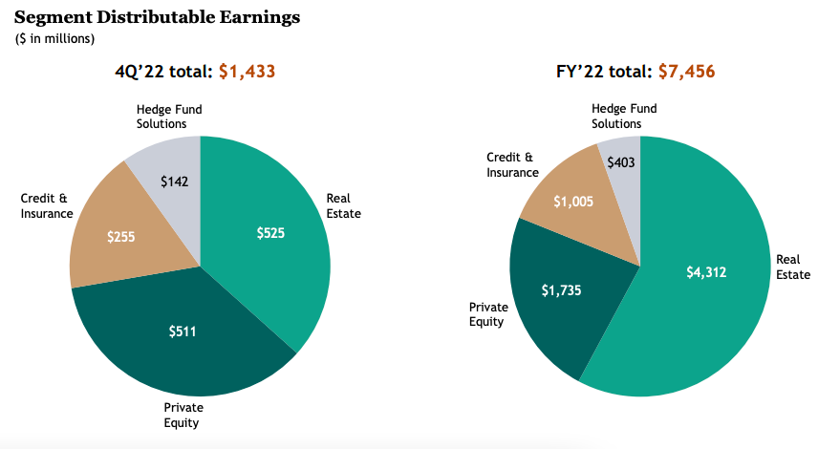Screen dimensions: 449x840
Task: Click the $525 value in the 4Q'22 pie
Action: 270,232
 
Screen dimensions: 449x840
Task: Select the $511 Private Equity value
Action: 183,331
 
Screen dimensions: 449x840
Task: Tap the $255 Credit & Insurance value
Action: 120,235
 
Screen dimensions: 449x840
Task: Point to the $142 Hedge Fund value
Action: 175,182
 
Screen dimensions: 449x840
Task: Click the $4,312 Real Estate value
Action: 706,272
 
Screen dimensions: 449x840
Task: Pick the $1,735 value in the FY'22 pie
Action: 561,290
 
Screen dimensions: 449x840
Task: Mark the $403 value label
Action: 622,162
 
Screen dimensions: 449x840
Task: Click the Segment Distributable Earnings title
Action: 157,17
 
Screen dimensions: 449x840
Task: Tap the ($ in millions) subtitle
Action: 54,38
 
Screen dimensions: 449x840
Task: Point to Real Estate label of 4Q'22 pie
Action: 343,206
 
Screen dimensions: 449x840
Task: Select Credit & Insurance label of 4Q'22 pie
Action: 47,206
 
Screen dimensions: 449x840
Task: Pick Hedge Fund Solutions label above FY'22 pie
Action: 616,117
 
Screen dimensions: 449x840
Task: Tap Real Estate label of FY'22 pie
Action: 792,267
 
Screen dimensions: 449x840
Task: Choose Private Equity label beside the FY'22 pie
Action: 486,314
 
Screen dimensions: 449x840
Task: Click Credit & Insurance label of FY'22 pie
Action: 512,164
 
